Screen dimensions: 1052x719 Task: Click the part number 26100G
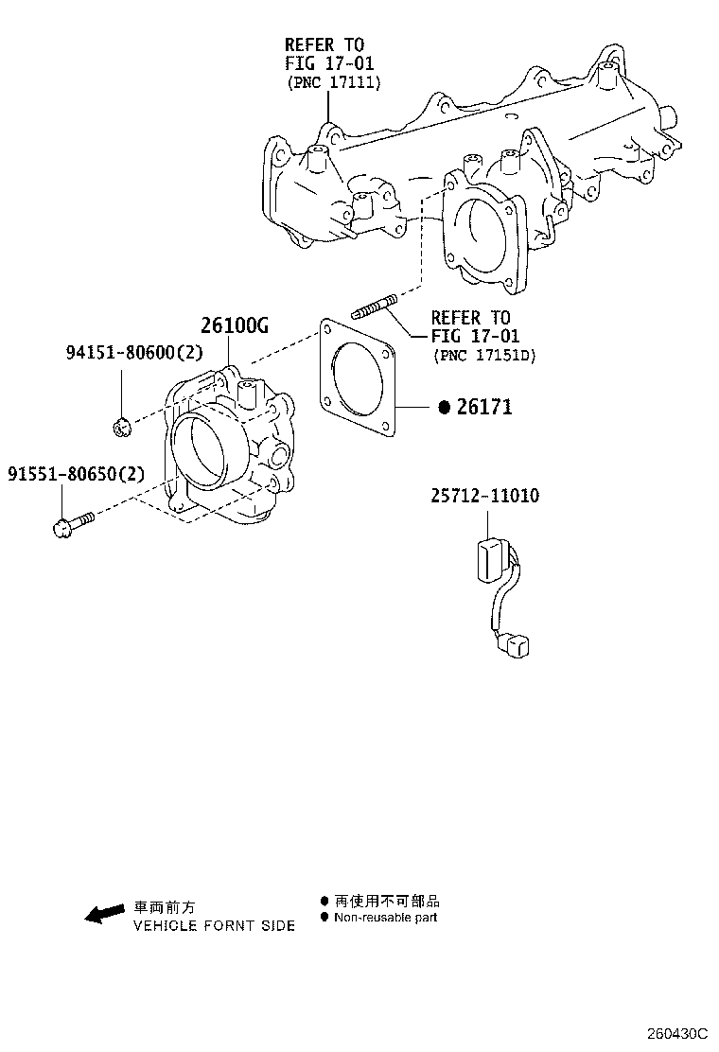(x=235, y=326)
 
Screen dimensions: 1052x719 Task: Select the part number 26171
(x=483, y=408)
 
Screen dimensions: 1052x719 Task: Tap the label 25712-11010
(x=486, y=496)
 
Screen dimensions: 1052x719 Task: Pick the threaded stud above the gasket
(x=375, y=307)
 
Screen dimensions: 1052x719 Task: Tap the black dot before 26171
(x=443, y=408)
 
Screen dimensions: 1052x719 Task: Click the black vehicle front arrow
(x=104, y=912)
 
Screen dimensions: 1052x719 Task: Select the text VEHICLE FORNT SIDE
(x=214, y=926)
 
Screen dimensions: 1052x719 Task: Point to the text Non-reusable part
(x=385, y=918)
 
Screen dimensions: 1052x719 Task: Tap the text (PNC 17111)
(x=333, y=83)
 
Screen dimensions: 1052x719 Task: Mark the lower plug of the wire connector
(x=515, y=646)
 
